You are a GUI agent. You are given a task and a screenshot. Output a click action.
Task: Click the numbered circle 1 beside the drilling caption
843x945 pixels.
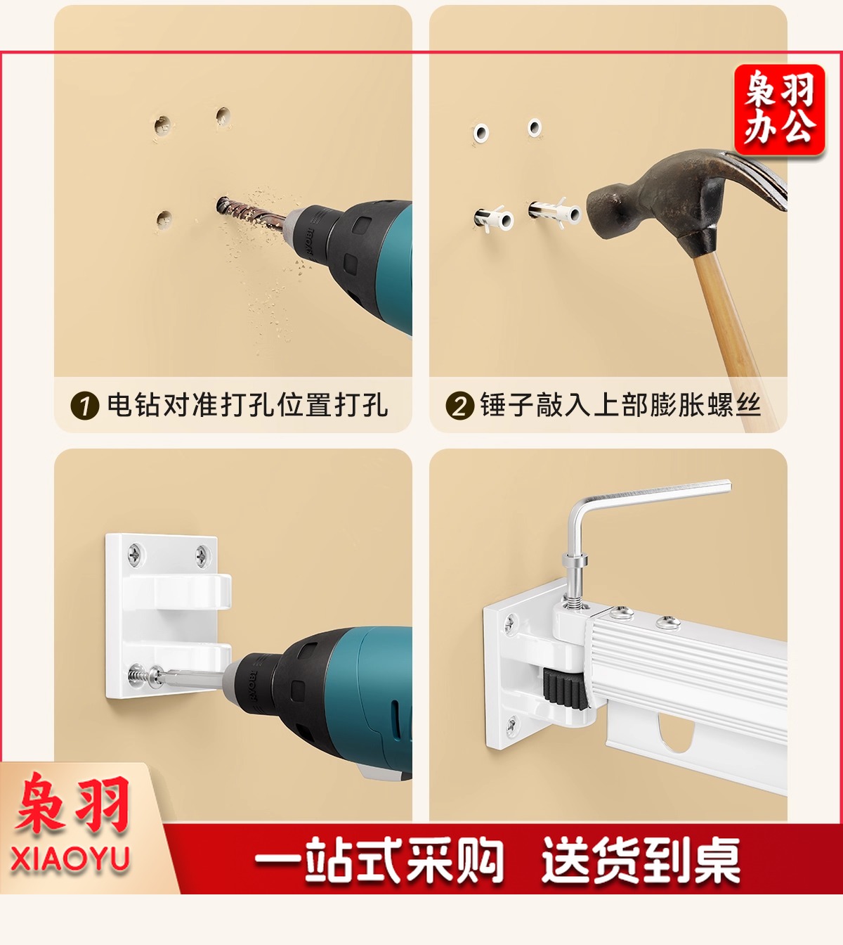point(85,405)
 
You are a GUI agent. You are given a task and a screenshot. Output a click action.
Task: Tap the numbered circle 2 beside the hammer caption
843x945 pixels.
point(460,405)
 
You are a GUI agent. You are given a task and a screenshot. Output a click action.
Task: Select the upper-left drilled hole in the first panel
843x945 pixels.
point(162,125)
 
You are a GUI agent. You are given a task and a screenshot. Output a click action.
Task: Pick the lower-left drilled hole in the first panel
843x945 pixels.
point(164,219)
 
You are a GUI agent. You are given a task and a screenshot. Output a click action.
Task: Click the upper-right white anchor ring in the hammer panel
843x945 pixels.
point(535,127)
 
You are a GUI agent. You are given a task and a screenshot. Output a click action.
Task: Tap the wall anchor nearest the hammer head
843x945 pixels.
point(554,212)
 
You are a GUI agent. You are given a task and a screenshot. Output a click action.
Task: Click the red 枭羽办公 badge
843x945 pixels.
point(780,110)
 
